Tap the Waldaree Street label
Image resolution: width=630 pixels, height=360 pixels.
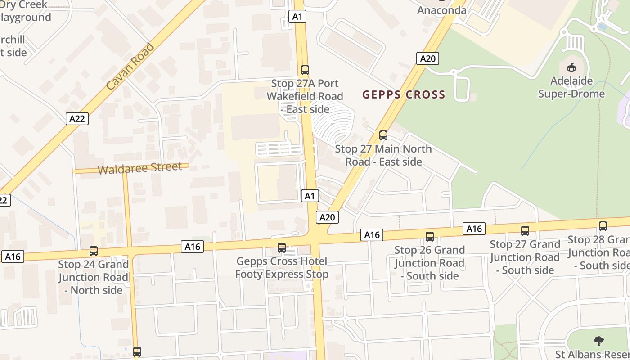coord(139,168)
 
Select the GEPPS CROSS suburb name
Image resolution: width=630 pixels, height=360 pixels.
coord(404,95)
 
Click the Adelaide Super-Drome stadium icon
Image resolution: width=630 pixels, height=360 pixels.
coord(571,67)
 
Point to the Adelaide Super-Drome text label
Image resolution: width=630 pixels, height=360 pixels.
coord(571,87)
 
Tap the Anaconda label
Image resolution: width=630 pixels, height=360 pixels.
coord(441,10)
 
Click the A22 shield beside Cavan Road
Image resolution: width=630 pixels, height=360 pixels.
coord(77,119)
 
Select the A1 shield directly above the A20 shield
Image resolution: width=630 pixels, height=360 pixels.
coord(310,196)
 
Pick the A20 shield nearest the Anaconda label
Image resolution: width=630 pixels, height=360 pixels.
coord(427,58)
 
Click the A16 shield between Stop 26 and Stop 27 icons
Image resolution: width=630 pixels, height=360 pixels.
coord(474,229)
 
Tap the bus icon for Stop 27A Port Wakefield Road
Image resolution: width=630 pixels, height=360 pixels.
coord(305,70)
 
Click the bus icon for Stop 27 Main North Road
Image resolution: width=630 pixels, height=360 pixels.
coord(383,135)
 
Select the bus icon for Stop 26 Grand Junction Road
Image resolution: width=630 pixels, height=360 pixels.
coord(430,236)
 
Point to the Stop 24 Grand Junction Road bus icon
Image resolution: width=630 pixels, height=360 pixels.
coord(94,251)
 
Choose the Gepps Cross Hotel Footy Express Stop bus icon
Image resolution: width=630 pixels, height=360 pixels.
coord(282,247)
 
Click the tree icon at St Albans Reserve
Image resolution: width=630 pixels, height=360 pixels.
coord(598,341)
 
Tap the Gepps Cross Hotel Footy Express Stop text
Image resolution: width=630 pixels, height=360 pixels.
coord(282,267)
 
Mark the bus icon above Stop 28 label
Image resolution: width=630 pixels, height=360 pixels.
coord(603,226)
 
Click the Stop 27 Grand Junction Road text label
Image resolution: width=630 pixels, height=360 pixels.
coord(525,257)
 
